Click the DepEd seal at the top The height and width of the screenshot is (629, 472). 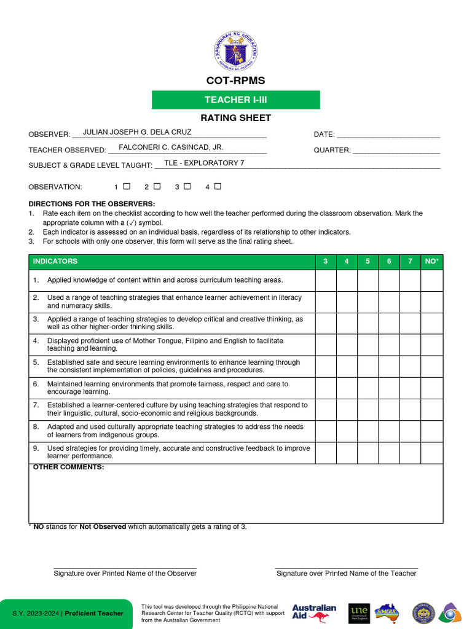pyautogui.click(x=236, y=51)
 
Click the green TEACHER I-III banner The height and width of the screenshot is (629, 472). pyautogui.click(x=236, y=100)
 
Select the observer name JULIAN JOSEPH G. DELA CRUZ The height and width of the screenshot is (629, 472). pyautogui.click(x=137, y=132)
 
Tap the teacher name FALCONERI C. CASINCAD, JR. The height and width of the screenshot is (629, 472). pyautogui.click(x=171, y=147)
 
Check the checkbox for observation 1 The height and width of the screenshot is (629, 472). pyautogui.click(x=127, y=186)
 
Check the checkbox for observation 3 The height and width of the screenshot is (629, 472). pyautogui.click(x=187, y=186)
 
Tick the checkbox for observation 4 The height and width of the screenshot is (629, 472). pyautogui.click(x=218, y=186)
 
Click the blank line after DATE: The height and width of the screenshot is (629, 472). pyautogui.click(x=388, y=135)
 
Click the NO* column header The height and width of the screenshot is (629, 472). pyautogui.click(x=432, y=262)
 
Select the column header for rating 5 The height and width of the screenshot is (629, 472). pyautogui.click(x=368, y=262)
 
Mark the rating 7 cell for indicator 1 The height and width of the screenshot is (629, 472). pyautogui.click(x=410, y=280)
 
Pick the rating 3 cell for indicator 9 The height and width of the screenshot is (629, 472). pyautogui.click(x=326, y=453)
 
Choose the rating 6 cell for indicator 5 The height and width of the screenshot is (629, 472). pyautogui.click(x=389, y=367)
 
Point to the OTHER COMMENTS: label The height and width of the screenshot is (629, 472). pyautogui.click(x=68, y=467)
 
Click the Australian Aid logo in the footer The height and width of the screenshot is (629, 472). pyautogui.click(x=314, y=613)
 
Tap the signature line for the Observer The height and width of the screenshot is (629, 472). pyautogui.click(x=125, y=568)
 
